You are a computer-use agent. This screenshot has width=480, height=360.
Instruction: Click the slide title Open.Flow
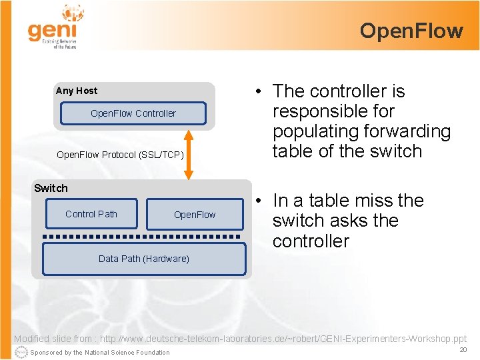point(411,31)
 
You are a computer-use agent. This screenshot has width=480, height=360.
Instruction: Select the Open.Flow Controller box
point(133,113)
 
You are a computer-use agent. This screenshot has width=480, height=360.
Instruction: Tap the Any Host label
point(77,91)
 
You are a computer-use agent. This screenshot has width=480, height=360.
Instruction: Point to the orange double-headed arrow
point(189,155)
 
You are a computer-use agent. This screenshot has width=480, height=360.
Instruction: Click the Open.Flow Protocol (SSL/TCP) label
point(120,155)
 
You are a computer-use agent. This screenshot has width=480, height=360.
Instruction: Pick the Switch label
point(51,188)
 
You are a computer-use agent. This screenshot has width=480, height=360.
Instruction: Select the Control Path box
point(91,214)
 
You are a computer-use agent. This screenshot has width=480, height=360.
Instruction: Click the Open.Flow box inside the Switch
point(195,215)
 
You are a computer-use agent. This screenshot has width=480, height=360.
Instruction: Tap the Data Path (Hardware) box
point(144,259)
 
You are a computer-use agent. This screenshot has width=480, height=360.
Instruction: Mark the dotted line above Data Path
point(143,237)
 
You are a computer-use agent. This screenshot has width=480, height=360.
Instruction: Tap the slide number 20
point(463,349)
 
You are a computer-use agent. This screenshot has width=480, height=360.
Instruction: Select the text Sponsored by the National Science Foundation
point(101,353)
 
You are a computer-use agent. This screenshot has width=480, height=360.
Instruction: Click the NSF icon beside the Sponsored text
point(21,352)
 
